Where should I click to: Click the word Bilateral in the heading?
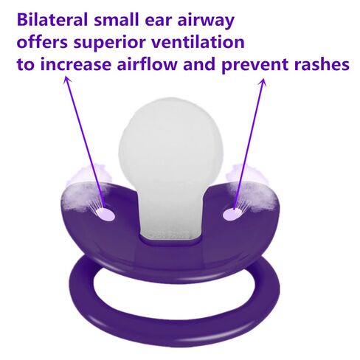[x=52, y=20]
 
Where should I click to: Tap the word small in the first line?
[x=117, y=20]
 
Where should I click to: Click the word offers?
[x=42, y=42]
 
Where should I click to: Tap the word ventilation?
[x=198, y=42]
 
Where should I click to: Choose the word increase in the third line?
[x=76, y=64]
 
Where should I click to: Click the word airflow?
[x=148, y=64]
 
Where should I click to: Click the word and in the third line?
[x=199, y=64]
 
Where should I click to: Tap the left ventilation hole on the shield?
[x=105, y=214]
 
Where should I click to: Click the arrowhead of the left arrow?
[x=67, y=79]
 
